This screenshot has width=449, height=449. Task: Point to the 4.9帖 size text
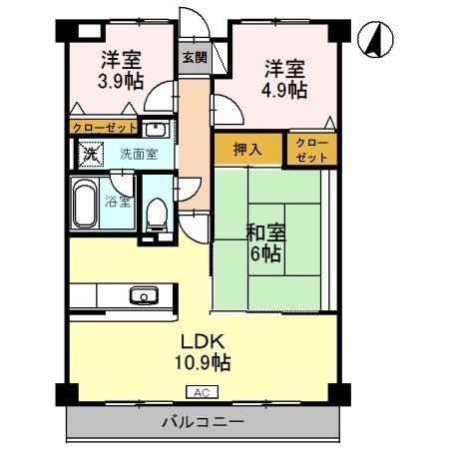284,89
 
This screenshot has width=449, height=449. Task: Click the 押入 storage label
247,150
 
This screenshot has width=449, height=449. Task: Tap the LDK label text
200,339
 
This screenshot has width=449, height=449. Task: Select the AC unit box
200,392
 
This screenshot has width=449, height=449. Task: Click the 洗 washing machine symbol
90,155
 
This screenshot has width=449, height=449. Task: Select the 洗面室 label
139,154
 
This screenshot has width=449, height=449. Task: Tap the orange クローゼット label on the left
103,128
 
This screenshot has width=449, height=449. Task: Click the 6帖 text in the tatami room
265,254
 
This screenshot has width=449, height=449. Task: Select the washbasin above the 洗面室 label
155,129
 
